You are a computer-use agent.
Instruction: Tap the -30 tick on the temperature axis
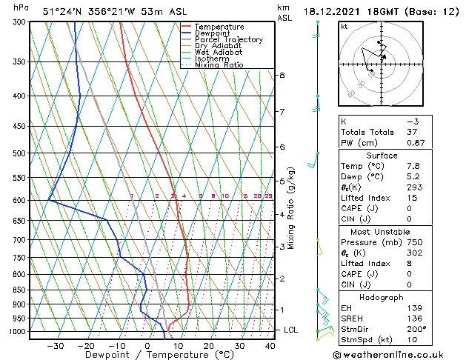56,346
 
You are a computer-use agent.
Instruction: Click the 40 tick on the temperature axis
270,346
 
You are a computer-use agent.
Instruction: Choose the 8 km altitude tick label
282,76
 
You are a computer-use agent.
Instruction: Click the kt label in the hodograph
344,27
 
